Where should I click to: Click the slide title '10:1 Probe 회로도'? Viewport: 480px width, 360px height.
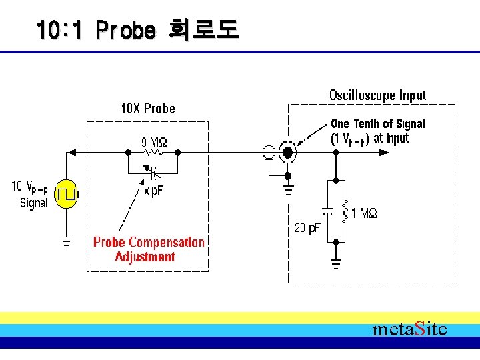[x=137, y=29]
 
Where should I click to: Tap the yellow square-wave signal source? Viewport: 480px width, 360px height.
[x=66, y=194]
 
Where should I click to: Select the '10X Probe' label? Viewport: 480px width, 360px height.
[x=148, y=108]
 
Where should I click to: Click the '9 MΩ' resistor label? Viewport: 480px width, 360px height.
[x=153, y=141]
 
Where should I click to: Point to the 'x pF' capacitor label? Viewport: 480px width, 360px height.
[x=154, y=191]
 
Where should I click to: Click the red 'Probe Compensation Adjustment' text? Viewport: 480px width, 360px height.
[x=148, y=249]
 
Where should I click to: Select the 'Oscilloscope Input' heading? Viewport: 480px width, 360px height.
[x=377, y=95]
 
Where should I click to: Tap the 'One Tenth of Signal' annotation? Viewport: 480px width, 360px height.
[x=377, y=123]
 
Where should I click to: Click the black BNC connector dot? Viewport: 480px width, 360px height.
[x=288, y=153]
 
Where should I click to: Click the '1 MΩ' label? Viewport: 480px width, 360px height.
[x=364, y=213]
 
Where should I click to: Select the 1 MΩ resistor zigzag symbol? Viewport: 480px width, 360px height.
[x=345, y=211]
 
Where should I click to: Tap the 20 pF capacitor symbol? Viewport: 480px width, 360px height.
[x=327, y=211]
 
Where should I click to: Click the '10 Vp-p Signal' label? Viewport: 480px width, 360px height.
[x=29, y=194]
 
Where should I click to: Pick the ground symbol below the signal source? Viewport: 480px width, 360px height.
[x=66, y=241]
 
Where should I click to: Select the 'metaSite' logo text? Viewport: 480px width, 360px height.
[x=409, y=329]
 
